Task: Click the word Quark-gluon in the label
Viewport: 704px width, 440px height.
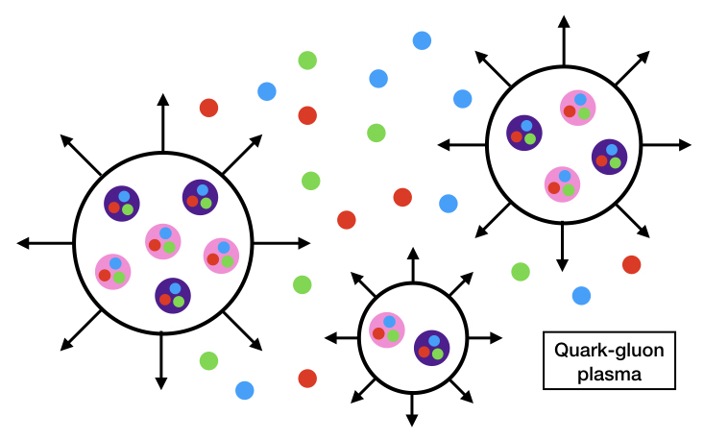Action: (x=603, y=352)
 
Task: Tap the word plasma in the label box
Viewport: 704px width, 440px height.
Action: (x=603, y=373)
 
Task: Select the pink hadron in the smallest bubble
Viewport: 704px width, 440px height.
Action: (x=386, y=330)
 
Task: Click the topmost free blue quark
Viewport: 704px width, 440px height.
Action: (x=422, y=40)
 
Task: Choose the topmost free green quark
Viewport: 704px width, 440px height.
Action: (x=307, y=60)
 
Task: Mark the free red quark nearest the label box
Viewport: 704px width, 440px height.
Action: (x=631, y=264)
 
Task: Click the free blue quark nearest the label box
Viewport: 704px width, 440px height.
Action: (x=581, y=295)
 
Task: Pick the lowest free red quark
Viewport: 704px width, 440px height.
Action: (x=307, y=379)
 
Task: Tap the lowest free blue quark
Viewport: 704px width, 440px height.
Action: (x=244, y=390)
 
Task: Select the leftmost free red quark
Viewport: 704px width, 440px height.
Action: (x=208, y=107)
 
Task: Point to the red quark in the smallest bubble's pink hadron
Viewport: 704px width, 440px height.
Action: (x=378, y=334)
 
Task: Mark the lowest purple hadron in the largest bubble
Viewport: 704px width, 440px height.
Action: (x=172, y=295)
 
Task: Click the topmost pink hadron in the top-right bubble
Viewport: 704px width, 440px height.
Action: (x=577, y=107)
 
